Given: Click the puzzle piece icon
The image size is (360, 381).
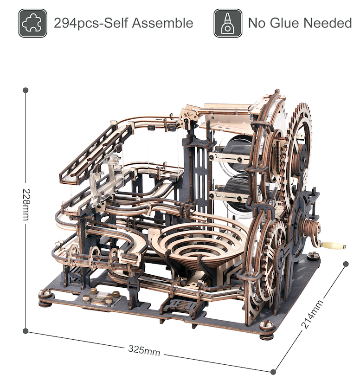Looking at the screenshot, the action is pos(32,23).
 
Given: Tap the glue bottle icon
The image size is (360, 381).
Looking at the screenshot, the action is pos(228,23).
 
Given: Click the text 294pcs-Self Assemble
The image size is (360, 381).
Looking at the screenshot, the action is pos(123,23).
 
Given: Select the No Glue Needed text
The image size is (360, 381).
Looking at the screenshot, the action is pos(300,23).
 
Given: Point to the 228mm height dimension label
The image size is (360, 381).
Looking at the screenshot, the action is pos(26,205).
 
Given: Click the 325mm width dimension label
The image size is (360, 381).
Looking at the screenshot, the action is pos(144,351).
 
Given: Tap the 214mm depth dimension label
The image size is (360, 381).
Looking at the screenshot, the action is pos(312,314).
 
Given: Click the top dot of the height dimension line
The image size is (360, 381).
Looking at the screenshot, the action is pos(26,90).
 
